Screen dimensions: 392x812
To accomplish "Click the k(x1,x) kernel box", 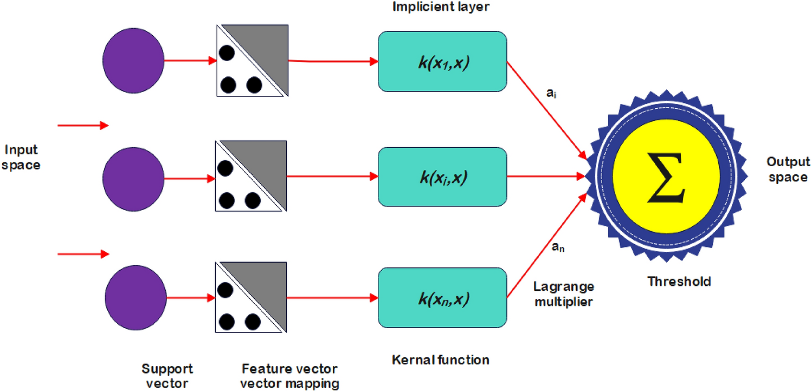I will click(442, 61).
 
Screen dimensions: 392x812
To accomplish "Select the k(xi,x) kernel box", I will click(442, 176).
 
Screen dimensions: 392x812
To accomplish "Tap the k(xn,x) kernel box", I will click(442, 297).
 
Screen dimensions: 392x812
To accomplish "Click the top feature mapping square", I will click(250, 61).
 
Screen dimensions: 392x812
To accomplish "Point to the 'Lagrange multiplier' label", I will click(564, 294).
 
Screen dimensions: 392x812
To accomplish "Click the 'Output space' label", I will click(788, 169).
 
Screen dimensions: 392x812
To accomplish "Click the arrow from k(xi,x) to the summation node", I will click(547, 176).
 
